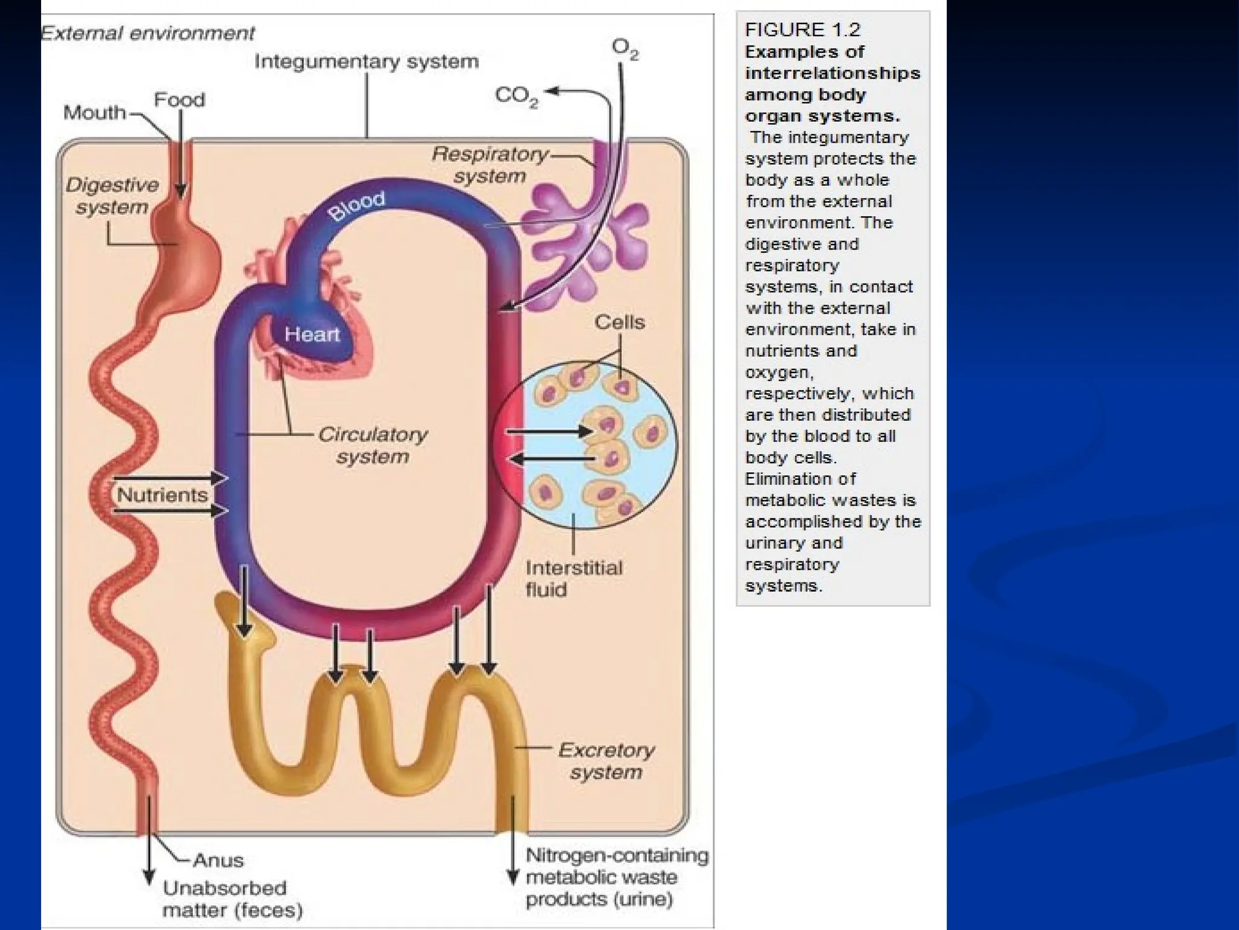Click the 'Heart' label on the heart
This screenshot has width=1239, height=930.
312,334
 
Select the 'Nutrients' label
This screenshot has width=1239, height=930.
162,495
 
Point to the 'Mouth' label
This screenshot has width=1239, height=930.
94,113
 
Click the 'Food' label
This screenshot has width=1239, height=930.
180,99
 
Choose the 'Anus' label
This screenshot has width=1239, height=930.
218,860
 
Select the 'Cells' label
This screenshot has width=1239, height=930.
619,322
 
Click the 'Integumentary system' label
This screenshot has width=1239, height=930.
367,62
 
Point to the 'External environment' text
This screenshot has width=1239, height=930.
148,33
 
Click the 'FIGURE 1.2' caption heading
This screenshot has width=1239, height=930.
802,30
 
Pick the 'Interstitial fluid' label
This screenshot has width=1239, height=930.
573,578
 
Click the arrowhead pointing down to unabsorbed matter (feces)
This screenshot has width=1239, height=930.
148,879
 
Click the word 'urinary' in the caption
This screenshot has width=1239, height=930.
773,543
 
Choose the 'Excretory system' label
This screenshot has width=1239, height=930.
606,761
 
